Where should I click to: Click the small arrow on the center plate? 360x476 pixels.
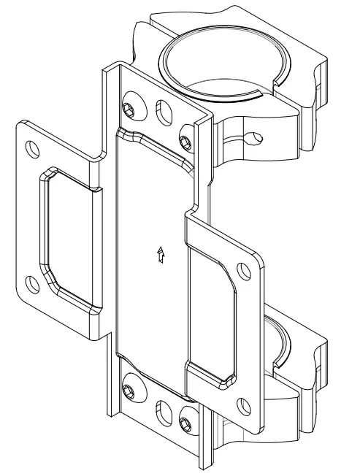coord(160,256)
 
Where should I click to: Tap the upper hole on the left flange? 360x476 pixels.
coord(32,148)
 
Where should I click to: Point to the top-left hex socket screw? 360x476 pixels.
coord(129,108)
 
